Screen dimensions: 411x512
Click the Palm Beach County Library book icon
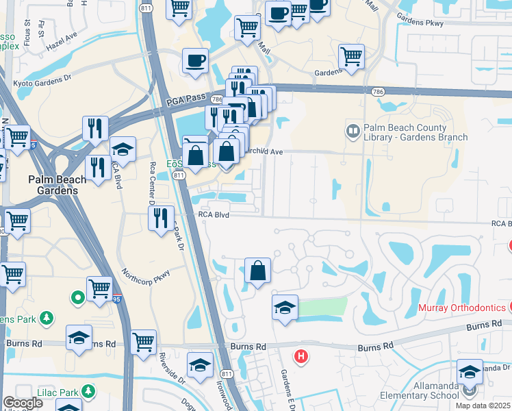click(353, 130)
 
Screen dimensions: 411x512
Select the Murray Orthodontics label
click(462, 308)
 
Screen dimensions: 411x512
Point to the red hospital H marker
click(300, 356)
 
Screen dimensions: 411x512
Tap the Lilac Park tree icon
click(88, 390)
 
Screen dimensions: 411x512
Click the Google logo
click(23, 403)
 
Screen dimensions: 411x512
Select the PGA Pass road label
click(185, 100)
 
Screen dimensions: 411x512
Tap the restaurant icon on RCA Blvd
click(161, 219)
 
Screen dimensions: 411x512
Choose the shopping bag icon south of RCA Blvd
click(257, 271)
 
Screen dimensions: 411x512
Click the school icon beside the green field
click(285, 308)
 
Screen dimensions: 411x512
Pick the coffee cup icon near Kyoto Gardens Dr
click(195, 61)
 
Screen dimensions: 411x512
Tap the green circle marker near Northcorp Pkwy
click(78, 297)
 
